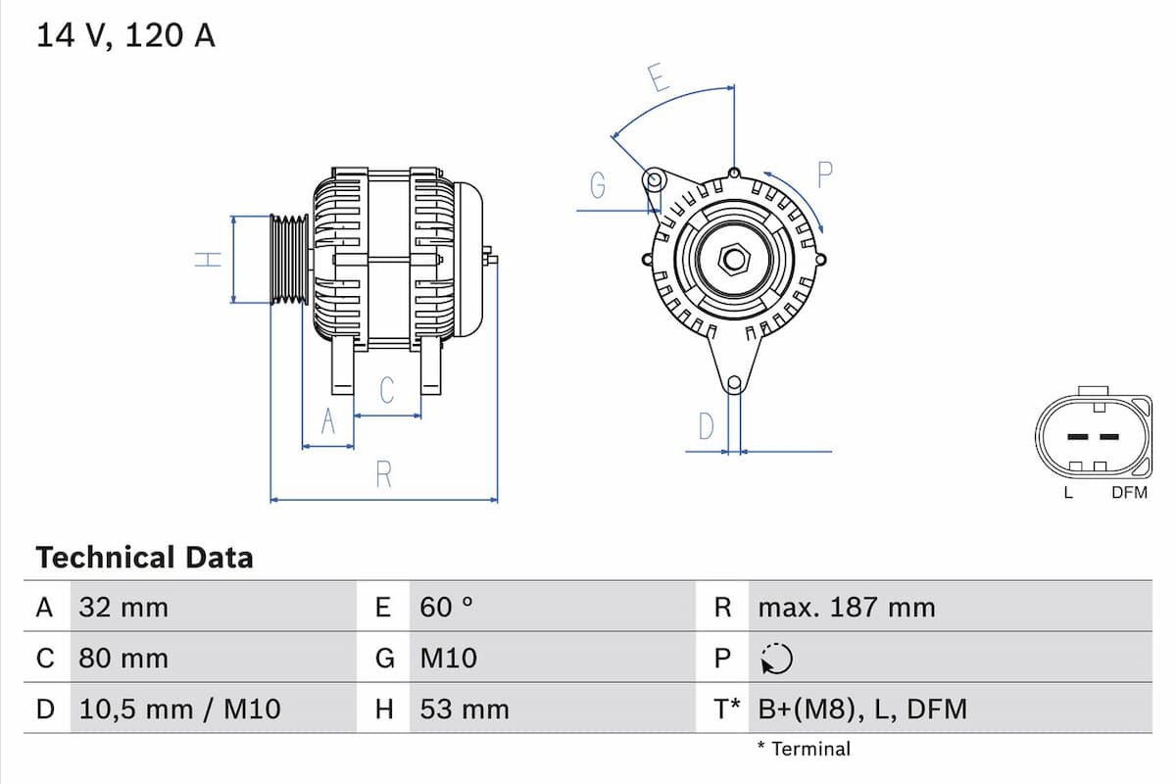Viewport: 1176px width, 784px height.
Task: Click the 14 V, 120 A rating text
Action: pos(125,36)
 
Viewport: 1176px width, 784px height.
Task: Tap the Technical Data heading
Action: pos(144,558)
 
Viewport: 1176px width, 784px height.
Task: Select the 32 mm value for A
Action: pos(123,608)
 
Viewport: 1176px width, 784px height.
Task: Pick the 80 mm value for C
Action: pos(123,658)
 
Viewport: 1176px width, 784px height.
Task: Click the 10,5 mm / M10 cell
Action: pos(179,709)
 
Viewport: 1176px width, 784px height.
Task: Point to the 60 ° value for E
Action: pos(446,608)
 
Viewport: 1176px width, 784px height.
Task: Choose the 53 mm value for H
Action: pos(465,709)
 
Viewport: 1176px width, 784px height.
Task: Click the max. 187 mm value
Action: pos(846,608)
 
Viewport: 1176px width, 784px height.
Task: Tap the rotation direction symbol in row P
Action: pos(775,660)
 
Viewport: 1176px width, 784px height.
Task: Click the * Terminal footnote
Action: pos(804,750)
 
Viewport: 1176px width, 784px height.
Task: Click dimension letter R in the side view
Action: pos(384,475)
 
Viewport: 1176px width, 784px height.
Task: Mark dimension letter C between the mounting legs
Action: pos(387,390)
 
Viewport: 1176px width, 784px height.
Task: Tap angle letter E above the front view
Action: pos(659,77)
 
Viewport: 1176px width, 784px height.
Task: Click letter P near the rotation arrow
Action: pos(824,175)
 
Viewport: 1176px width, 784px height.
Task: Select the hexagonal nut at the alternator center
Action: pos(734,260)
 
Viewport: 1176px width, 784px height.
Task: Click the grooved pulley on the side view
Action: pos(289,260)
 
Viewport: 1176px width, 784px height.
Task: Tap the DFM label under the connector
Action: pos(1129,493)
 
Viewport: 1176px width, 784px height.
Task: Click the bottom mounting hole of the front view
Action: pos(734,383)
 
